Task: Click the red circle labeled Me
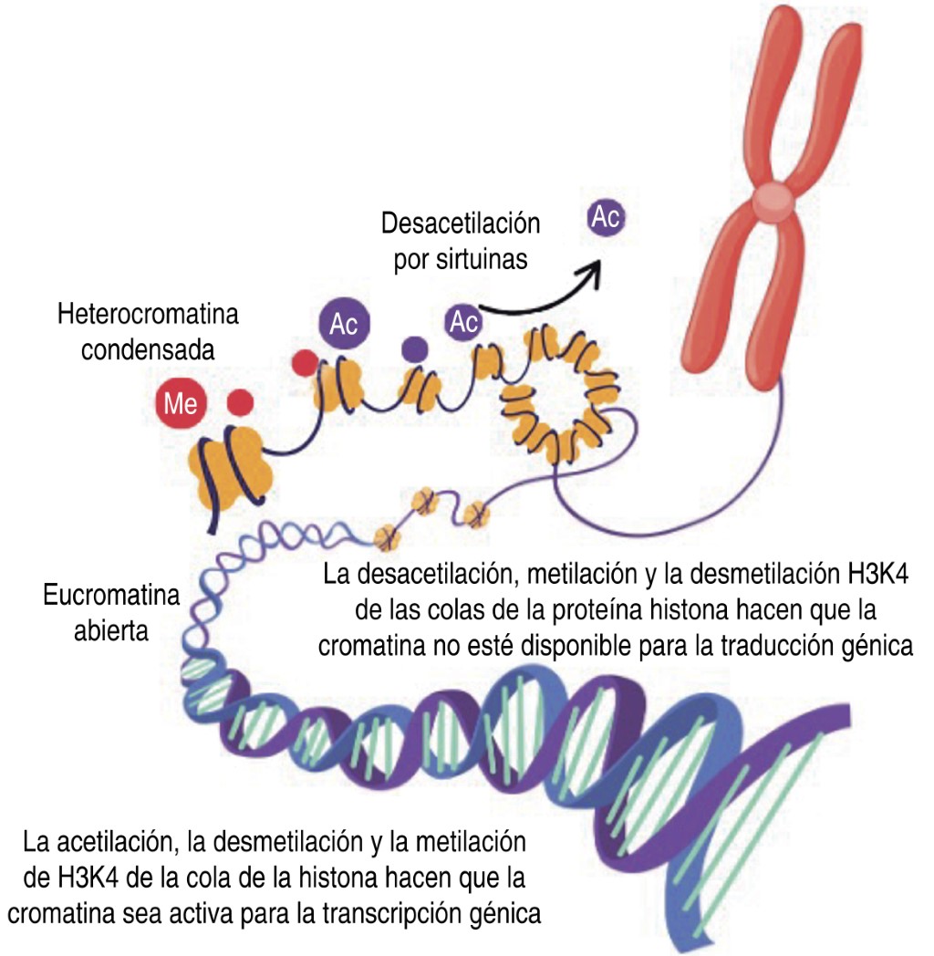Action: pos(180,404)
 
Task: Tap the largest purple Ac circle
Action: pos(344,326)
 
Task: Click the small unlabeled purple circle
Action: pos(415,348)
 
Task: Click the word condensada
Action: pos(148,351)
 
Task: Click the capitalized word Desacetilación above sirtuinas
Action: pos(461,223)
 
